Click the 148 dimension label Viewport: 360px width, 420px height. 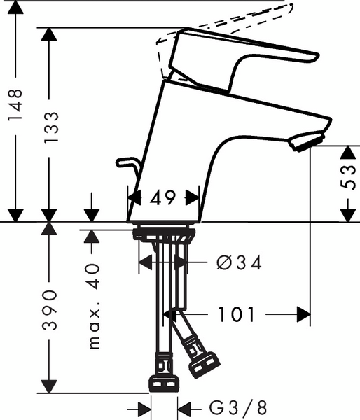(15, 105)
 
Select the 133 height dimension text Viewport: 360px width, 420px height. (51, 127)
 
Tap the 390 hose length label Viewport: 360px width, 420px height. (50, 310)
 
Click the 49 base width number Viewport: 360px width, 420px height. (162, 198)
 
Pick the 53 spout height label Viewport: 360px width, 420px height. (349, 177)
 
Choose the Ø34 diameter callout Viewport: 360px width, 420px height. (239, 262)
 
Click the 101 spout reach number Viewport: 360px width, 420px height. (237, 314)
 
